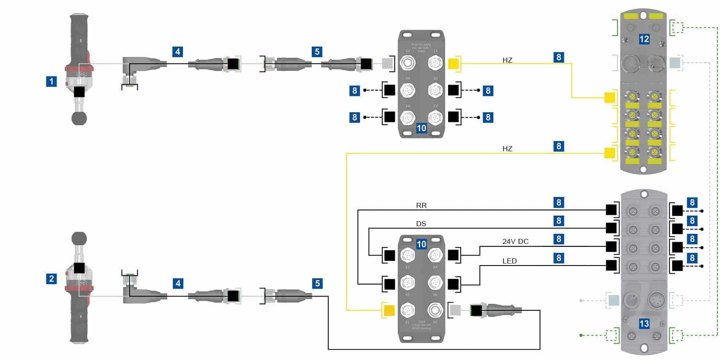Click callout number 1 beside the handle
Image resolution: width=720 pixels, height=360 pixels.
51,81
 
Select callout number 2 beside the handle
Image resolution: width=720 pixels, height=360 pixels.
51,278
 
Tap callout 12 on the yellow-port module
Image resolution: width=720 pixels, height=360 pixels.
644,39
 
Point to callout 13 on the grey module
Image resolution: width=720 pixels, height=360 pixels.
644,324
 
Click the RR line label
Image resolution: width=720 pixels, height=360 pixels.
421,205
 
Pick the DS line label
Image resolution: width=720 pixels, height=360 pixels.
421,224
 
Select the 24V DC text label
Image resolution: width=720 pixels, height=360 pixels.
515,241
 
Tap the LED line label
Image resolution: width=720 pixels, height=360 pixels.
510,261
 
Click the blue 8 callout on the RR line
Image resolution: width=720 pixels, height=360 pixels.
559,202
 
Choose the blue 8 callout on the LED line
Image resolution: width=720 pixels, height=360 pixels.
559,258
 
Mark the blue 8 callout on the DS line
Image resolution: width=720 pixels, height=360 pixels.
559,221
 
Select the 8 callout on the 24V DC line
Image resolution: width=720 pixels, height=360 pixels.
559,239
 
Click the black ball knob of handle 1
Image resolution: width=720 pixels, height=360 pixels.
79,118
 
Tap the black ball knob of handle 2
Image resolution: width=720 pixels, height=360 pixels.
79,239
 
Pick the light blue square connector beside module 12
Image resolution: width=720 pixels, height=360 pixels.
675,63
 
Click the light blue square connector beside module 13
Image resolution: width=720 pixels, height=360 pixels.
613,300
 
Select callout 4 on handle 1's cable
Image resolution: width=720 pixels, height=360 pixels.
178,52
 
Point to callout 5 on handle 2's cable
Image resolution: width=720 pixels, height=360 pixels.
317,283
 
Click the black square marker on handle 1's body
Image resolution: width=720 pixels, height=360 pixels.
79,91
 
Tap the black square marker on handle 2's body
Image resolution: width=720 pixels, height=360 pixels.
79,268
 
